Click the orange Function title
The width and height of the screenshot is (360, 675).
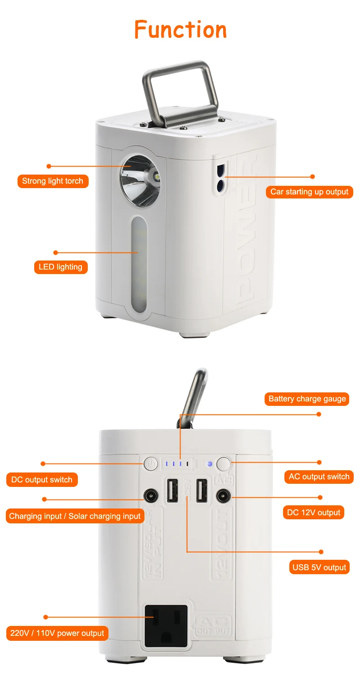180,30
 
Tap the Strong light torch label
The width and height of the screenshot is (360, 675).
53,181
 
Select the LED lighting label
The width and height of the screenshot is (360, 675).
60,267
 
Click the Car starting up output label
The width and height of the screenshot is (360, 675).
309,192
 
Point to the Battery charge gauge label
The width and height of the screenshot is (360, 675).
307,399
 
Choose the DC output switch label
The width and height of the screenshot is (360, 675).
42,480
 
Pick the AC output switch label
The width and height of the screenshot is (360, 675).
319,477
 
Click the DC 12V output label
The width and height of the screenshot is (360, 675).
314,513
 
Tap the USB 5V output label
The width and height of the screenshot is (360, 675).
319,567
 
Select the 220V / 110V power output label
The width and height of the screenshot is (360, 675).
57,633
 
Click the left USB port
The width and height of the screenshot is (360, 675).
171,490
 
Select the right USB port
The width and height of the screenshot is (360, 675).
201,490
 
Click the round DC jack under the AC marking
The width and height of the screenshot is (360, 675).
223,496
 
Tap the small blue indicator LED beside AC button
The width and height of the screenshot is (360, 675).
209,463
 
